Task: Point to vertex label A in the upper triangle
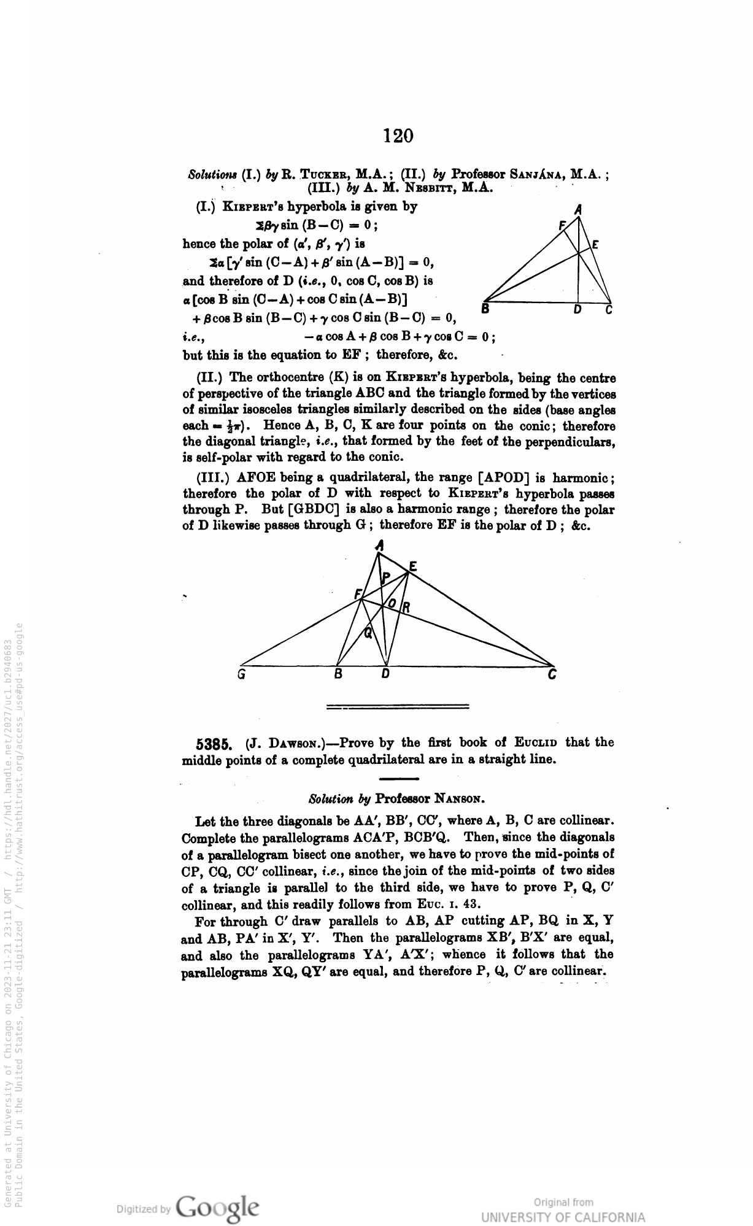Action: point(577,210)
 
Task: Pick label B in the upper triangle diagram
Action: point(485,310)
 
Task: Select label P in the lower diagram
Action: point(386,577)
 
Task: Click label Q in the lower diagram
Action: point(368,634)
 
